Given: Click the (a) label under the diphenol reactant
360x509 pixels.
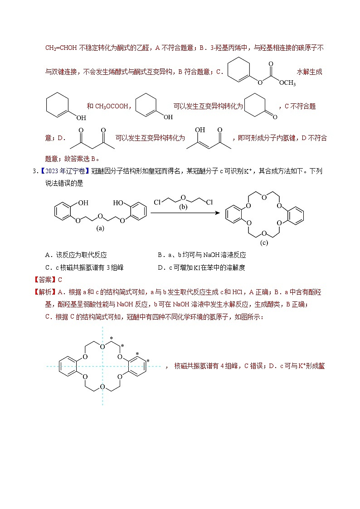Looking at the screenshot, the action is point(101,229).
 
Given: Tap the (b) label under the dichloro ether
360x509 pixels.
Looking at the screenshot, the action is point(183,208).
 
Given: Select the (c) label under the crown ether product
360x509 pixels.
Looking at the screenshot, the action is point(264,243).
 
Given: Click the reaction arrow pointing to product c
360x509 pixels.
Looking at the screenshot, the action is point(186,212).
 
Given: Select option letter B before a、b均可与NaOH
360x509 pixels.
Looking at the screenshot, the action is point(160,255).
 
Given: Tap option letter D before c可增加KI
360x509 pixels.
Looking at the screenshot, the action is point(160,267).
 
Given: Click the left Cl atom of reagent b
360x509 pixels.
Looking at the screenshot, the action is point(157,202).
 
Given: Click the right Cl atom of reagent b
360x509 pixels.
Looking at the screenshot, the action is point(209,202).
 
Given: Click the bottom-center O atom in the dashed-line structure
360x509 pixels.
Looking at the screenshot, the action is point(103,387).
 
